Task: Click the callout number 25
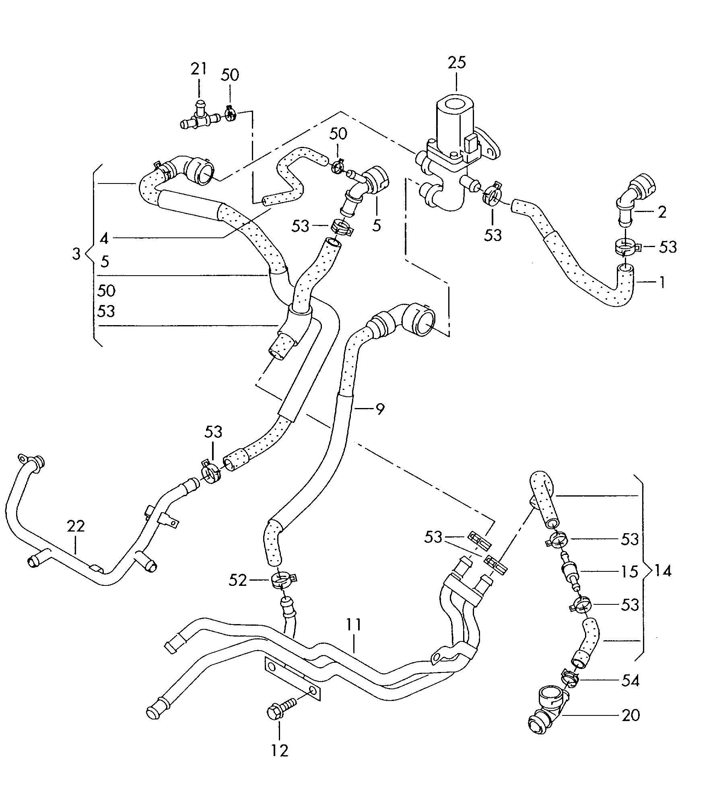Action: [x=457, y=63]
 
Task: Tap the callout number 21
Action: [x=198, y=68]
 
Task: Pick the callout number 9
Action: [x=379, y=409]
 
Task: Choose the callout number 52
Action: [x=238, y=580]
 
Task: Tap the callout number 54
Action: [x=630, y=681]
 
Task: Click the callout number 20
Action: [x=630, y=715]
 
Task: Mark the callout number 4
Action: [x=104, y=239]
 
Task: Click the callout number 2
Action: [x=662, y=212]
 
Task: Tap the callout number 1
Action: [x=661, y=282]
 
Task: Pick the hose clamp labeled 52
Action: [x=283, y=581]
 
